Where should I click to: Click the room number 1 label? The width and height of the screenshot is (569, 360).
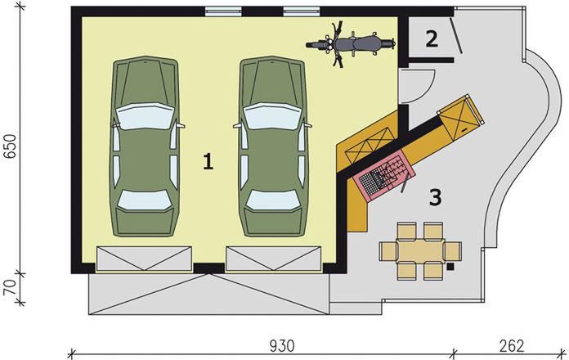click(208, 162)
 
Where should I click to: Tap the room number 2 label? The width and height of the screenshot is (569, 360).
click(432, 39)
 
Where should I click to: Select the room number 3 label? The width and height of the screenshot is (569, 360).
click(436, 198)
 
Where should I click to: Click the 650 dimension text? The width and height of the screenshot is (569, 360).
click(11, 146)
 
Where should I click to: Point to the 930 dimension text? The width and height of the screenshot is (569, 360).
click(282, 346)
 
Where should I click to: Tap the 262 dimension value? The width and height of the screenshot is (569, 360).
click(512, 346)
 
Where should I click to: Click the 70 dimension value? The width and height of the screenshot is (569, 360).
click(11, 288)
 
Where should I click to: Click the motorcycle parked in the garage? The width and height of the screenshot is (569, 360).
click(351, 45)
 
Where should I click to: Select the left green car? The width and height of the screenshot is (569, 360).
click(146, 146)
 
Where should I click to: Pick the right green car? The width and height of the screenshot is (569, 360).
click(273, 146)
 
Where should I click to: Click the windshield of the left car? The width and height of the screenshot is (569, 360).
click(146, 116)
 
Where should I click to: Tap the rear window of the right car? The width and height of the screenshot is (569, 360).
click(273, 200)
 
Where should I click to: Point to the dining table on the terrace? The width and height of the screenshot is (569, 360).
click(420, 251)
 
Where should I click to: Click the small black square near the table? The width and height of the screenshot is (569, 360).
click(450, 267)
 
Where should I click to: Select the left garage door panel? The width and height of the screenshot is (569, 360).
click(144, 259)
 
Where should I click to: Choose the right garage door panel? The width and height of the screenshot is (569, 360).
click(274, 259)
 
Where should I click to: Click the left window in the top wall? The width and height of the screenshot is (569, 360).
click(223, 11)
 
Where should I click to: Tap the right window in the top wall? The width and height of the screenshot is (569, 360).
click(302, 11)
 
